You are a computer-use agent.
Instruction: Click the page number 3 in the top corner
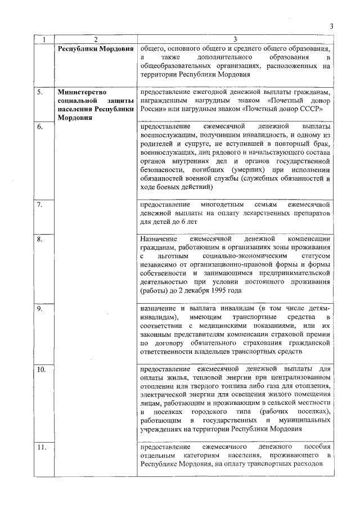(331, 26)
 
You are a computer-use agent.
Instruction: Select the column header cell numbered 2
(96, 39)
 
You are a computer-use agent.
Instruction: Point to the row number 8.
(40, 240)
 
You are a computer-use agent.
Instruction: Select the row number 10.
(42, 370)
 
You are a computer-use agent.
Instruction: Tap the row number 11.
(42, 447)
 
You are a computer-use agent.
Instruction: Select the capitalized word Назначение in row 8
(160, 240)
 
